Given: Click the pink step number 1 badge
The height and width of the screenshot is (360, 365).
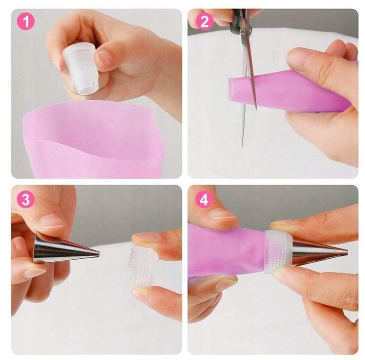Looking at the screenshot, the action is [26, 22].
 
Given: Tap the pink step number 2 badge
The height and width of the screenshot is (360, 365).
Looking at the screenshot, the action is [204, 22].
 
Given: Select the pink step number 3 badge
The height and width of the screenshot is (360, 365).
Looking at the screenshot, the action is [26, 199].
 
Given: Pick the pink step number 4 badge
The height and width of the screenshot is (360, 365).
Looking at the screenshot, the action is [204, 199].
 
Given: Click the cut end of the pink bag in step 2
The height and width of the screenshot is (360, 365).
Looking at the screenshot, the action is [231, 90].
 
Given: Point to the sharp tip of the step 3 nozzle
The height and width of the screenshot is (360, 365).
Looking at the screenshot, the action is [99, 254].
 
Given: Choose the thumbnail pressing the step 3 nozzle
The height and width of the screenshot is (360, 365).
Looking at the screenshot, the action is [52, 222].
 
